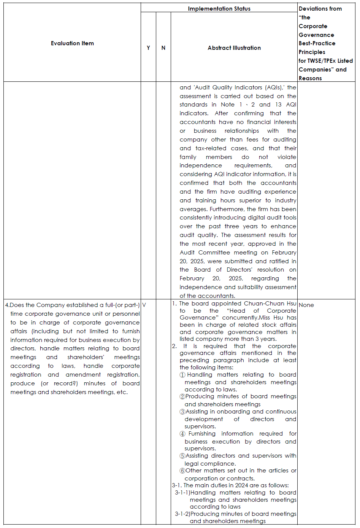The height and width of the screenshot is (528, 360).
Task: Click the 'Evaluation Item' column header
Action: [x=72, y=43]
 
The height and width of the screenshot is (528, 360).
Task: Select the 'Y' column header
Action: [x=148, y=48]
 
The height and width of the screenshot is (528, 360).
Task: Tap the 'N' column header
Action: [x=163, y=48]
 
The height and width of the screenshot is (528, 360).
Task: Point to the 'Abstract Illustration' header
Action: [x=234, y=48]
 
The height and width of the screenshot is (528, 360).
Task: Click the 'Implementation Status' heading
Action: [x=219, y=8]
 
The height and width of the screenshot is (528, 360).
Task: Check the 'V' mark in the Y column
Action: [x=144, y=305]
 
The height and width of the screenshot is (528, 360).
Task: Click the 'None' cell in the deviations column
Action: [x=306, y=305]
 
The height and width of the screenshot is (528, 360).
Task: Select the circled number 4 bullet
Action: [x=182, y=434]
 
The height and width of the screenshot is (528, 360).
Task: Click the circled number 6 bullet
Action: [x=182, y=471]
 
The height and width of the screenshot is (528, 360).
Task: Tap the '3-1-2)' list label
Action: [x=182, y=514]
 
